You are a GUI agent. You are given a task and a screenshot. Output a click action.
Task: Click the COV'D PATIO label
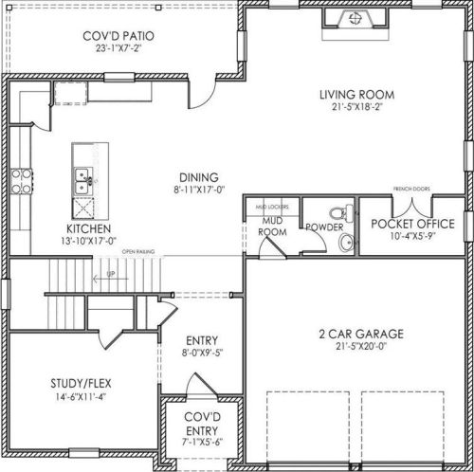coord(118,37)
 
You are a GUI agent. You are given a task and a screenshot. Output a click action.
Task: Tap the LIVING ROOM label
coord(355,94)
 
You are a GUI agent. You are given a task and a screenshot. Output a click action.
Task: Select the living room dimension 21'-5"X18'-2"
coord(355,107)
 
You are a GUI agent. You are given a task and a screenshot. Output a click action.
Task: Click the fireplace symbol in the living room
coord(355,18)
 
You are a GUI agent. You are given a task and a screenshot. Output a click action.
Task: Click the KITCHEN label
coord(89,229)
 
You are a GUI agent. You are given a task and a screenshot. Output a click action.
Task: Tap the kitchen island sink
coord(83,175)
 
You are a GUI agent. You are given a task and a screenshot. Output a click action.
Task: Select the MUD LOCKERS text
coord(273,205)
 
